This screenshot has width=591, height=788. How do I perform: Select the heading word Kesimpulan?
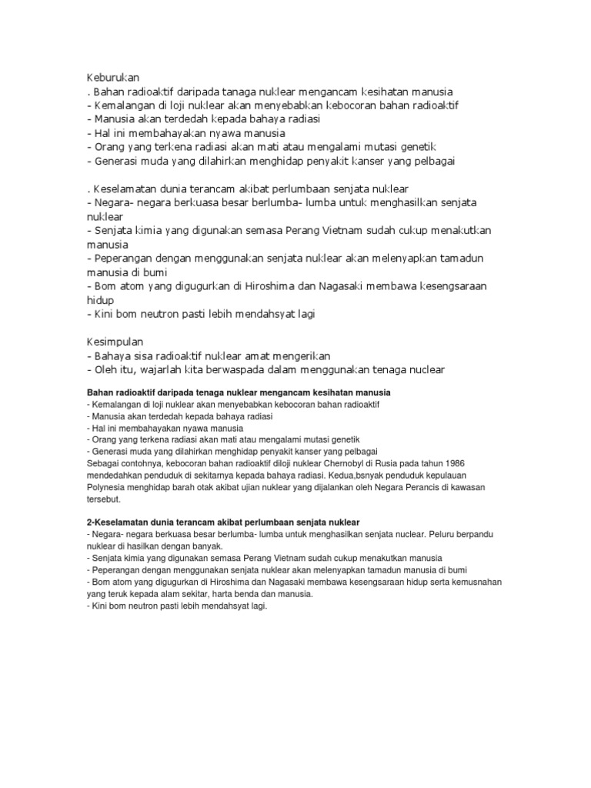(115, 341)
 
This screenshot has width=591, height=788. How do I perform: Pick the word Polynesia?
(108, 488)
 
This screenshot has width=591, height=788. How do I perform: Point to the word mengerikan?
(297, 356)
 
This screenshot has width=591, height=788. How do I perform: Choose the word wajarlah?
(162, 369)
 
